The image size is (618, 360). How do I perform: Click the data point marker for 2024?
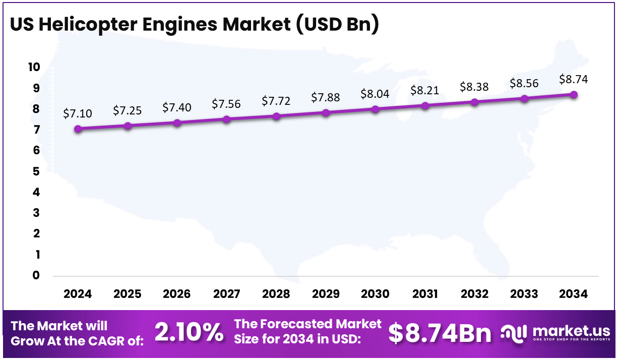(78, 129)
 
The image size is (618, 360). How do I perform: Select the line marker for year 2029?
(326, 113)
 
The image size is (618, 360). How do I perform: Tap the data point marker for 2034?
(574, 95)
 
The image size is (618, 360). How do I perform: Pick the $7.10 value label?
(78, 113)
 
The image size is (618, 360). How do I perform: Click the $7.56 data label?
(226, 104)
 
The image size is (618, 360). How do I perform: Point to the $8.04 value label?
(375, 94)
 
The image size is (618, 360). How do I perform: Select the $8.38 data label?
(474, 87)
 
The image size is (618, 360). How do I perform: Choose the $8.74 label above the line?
(574, 79)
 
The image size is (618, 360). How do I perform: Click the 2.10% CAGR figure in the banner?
(189, 333)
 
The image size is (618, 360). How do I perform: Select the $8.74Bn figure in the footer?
(440, 333)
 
